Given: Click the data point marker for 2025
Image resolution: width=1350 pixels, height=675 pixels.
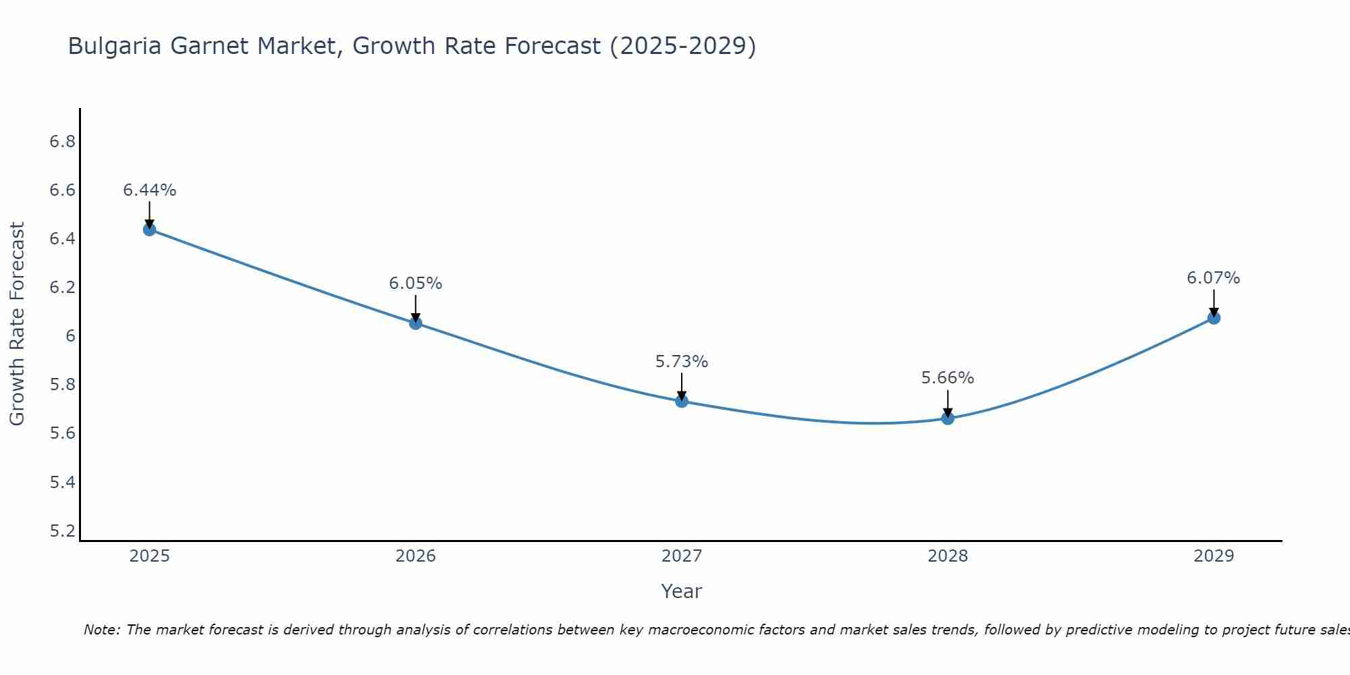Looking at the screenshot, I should (x=149, y=230).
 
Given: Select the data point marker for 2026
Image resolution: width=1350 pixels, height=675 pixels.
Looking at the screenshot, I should (x=415, y=323).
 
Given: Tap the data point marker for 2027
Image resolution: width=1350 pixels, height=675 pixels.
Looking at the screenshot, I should (x=681, y=401).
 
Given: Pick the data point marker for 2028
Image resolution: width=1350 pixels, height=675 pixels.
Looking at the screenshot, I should (x=948, y=418).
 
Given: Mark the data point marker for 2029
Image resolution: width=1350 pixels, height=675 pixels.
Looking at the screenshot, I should (x=1214, y=318).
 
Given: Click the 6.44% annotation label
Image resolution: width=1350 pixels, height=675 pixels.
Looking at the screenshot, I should (x=149, y=190).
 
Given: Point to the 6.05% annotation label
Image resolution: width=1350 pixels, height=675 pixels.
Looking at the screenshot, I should (x=415, y=283).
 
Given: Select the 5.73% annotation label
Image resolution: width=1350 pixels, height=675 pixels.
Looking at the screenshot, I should (x=681, y=362).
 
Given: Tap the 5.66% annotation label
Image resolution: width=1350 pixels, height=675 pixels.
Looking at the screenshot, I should (x=948, y=378).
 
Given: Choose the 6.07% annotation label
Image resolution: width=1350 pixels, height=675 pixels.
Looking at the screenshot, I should (x=1214, y=278).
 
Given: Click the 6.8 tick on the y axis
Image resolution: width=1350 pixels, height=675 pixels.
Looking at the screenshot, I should (x=62, y=142).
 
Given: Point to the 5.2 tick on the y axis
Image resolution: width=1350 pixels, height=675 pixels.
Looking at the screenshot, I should (x=62, y=531).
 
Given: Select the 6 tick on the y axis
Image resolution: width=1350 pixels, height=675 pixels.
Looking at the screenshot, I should (x=70, y=336).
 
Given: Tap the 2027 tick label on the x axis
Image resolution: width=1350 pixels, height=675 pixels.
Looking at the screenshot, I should (x=681, y=556).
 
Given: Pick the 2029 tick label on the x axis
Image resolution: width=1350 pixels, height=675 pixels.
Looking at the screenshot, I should (x=1214, y=556).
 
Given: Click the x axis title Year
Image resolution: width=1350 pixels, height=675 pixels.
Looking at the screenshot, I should (x=681, y=591).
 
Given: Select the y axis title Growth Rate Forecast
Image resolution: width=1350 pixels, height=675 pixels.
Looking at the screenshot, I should (x=17, y=324).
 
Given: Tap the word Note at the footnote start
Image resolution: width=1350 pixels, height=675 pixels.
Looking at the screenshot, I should (x=101, y=630).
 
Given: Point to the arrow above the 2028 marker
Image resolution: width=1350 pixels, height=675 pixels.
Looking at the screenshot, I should (x=948, y=403).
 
